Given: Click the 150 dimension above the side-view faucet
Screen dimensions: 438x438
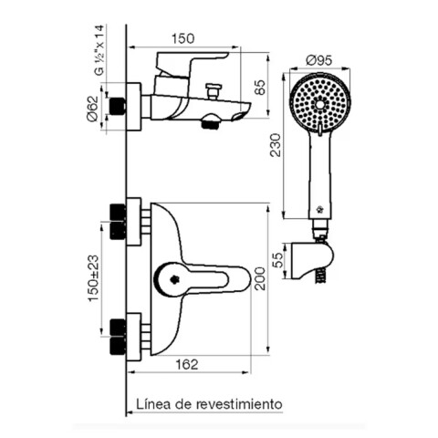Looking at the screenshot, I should pos(183,38).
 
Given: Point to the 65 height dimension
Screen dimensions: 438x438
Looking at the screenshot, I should pos(260,87).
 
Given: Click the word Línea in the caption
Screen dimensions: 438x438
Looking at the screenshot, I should pos(152,402).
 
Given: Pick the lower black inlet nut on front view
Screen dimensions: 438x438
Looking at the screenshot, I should pos(116,336).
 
